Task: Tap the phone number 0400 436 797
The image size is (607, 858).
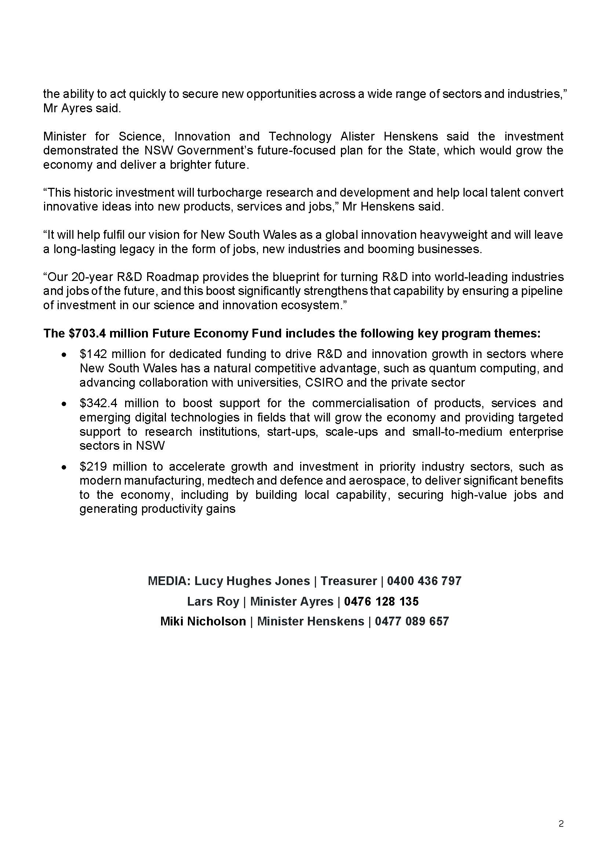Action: click(424, 581)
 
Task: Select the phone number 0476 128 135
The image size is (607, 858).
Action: click(381, 601)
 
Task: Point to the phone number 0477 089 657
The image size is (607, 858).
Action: click(411, 621)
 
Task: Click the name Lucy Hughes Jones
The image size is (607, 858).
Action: click(252, 581)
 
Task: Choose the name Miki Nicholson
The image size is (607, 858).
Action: click(203, 621)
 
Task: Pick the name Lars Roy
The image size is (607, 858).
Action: click(213, 601)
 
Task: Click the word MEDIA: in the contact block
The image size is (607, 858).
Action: click(169, 581)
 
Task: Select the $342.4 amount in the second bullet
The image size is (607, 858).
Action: click(98, 403)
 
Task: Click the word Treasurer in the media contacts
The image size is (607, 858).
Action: click(348, 581)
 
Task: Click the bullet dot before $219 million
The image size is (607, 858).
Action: click(65, 467)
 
